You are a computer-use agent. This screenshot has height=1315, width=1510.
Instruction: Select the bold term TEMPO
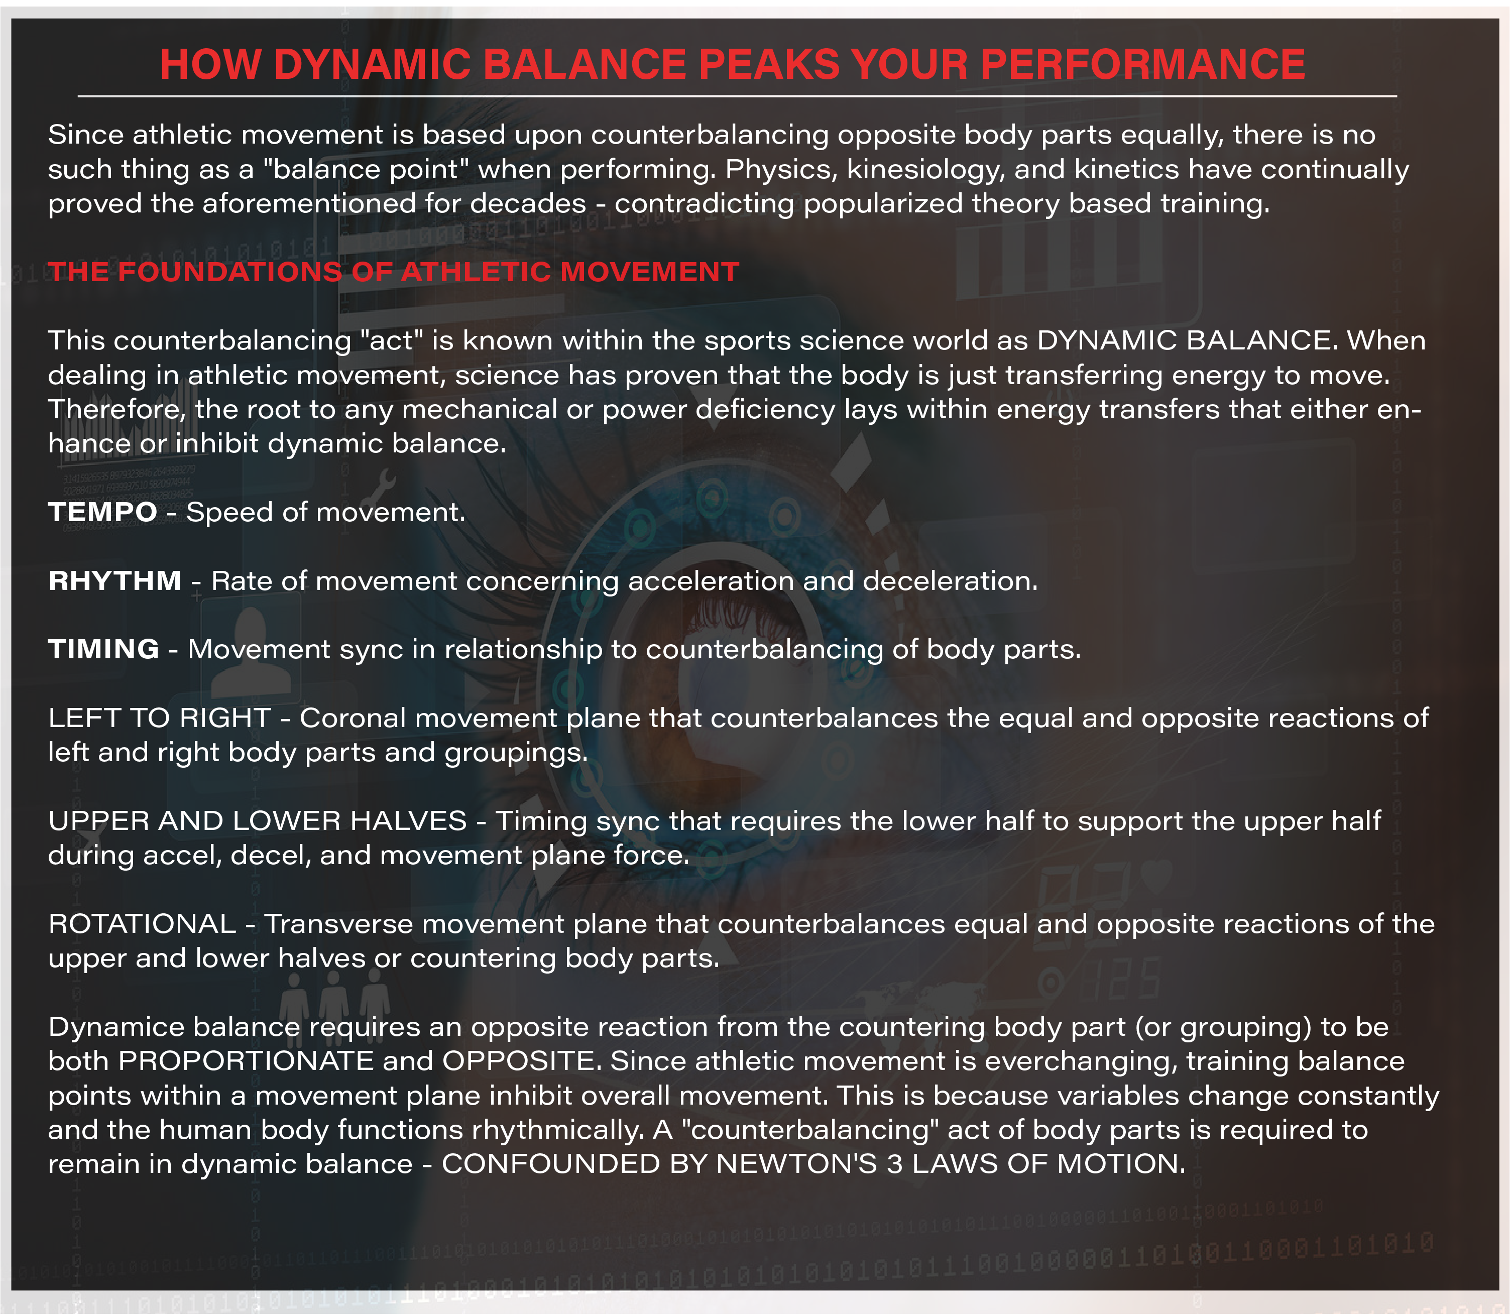pyautogui.click(x=103, y=512)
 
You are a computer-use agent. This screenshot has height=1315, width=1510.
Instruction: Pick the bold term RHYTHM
pyautogui.click(x=114, y=580)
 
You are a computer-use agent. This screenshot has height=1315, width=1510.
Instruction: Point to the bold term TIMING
pyautogui.click(x=103, y=649)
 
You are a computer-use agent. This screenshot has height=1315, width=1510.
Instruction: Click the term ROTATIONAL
pyautogui.click(x=142, y=924)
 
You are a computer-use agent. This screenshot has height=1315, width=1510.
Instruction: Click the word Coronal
pyautogui.click(x=353, y=718)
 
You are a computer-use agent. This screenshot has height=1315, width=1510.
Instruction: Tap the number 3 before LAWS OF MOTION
pyautogui.click(x=894, y=1164)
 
